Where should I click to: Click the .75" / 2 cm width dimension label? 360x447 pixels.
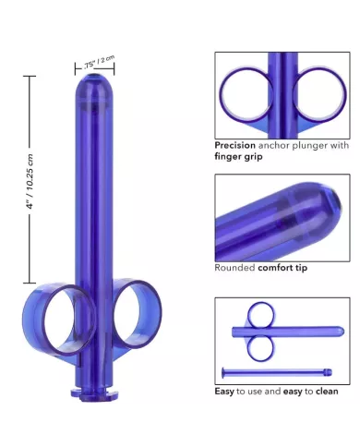coord(99,63)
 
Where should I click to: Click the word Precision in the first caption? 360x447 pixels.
coord(234,145)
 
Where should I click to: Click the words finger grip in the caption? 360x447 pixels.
coord(239,157)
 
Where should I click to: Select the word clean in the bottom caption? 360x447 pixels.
coord(325,392)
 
